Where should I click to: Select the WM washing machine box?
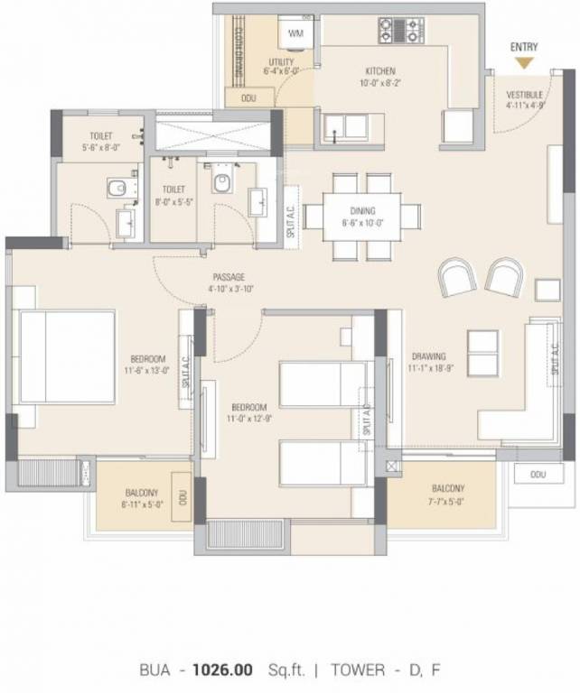pos(295,33)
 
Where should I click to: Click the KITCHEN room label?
pos(379,70)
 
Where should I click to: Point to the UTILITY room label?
pos(280,61)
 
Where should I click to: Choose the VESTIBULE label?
pos(524,94)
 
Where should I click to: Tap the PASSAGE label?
pos(229,277)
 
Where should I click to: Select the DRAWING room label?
pos(428,356)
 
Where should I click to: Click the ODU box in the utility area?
pos(245,97)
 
